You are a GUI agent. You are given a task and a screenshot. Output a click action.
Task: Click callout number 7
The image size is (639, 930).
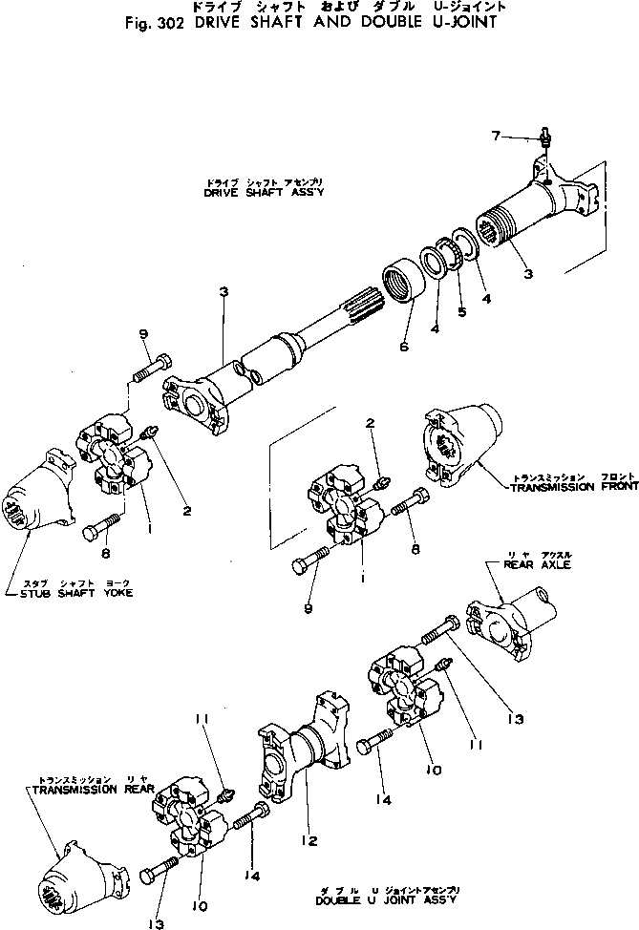click(x=496, y=136)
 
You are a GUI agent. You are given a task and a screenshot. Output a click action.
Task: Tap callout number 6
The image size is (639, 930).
click(x=404, y=347)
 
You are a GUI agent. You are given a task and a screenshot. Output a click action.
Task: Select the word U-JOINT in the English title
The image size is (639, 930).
click(x=461, y=22)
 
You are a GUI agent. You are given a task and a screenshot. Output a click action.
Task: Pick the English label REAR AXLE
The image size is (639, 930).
click(x=522, y=564)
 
